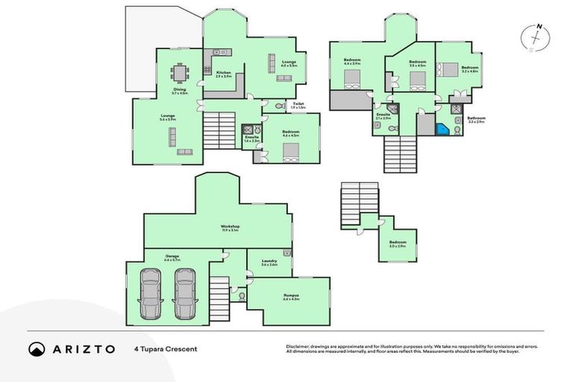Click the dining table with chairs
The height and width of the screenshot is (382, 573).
180,73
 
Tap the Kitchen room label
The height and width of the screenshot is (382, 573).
224,73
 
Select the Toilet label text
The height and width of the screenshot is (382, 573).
298,104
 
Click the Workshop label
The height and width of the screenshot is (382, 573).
229,227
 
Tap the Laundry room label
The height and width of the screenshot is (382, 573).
269,260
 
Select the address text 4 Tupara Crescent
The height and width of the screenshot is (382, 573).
166,348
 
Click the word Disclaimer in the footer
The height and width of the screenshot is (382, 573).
298,346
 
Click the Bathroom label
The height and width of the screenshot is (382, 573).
477,119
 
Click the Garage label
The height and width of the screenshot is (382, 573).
172,256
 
